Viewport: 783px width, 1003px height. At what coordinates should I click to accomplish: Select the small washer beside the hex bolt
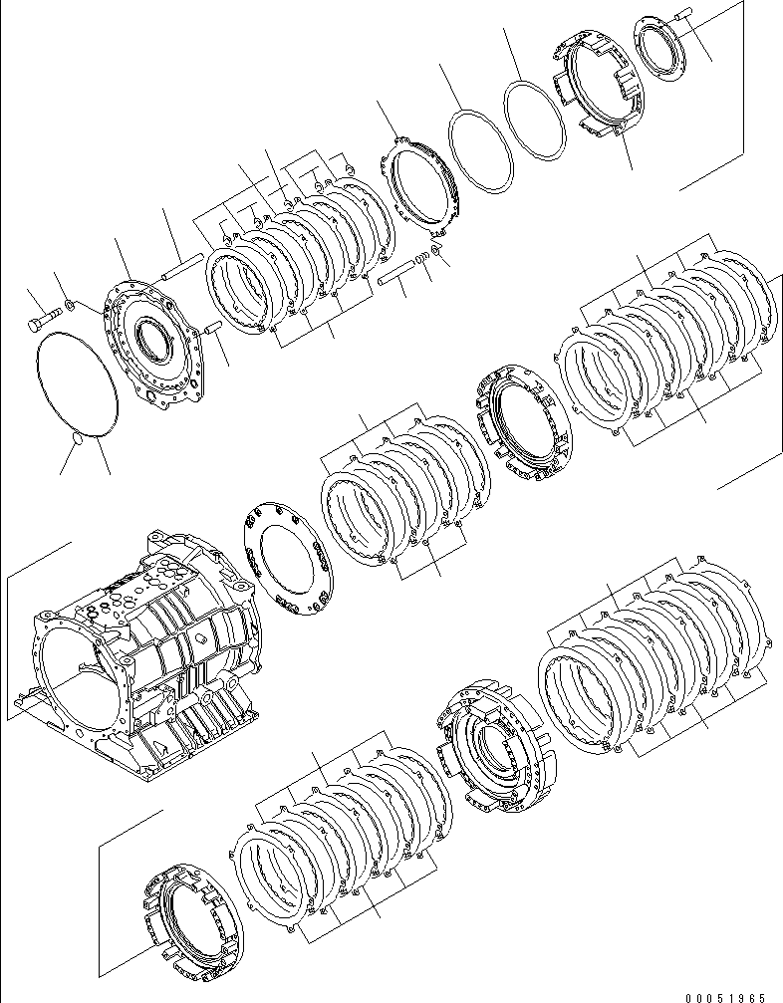[67, 304]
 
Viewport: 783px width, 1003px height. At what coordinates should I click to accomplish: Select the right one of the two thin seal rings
[533, 119]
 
